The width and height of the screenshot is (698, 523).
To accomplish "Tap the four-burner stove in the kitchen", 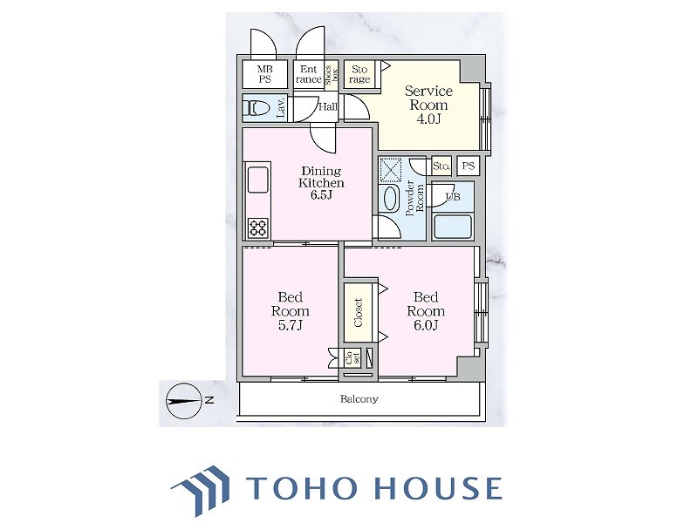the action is [x=258, y=228].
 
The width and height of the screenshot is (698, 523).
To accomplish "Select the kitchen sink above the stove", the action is [x=257, y=180].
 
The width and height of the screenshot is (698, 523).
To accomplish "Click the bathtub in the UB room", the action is [x=452, y=227].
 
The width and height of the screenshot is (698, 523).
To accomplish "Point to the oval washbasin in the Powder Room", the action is [x=391, y=199].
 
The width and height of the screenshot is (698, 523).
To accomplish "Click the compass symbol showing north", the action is [x=184, y=401].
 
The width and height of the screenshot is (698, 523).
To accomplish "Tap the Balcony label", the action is [x=359, y=399].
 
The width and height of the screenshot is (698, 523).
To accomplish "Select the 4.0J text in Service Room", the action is [x=428, y=119].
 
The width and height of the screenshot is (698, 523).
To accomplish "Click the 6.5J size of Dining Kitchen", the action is [x=321, y=194].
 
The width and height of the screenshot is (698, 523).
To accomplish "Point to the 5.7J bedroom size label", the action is [x=291, y=325].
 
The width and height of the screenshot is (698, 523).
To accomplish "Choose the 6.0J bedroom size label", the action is [x=426, y=325].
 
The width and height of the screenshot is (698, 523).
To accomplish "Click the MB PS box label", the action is [x=265, y=74].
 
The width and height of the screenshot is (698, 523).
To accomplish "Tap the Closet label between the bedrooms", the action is [x=359, y=312].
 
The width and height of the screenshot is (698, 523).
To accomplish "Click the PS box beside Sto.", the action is [x=469, y=166].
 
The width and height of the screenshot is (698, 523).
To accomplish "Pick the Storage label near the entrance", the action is [x=359, y=74].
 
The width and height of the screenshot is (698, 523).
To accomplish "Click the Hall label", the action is [x=328, y=106].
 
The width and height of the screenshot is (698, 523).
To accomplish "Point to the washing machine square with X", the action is [x=390, y=169].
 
